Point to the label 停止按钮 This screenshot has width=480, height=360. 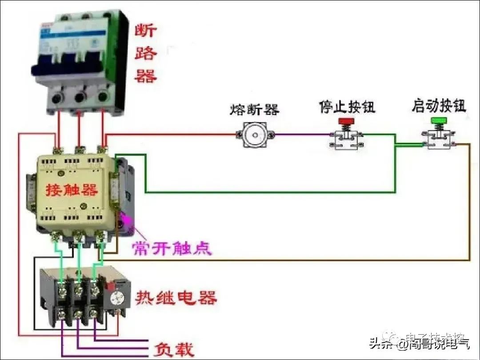(347, 107)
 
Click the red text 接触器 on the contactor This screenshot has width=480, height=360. (72, 190)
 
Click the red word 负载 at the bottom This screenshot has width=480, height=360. (174, 349)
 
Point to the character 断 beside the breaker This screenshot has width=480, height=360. (146, 32)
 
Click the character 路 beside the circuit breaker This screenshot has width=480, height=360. (146, 54)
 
